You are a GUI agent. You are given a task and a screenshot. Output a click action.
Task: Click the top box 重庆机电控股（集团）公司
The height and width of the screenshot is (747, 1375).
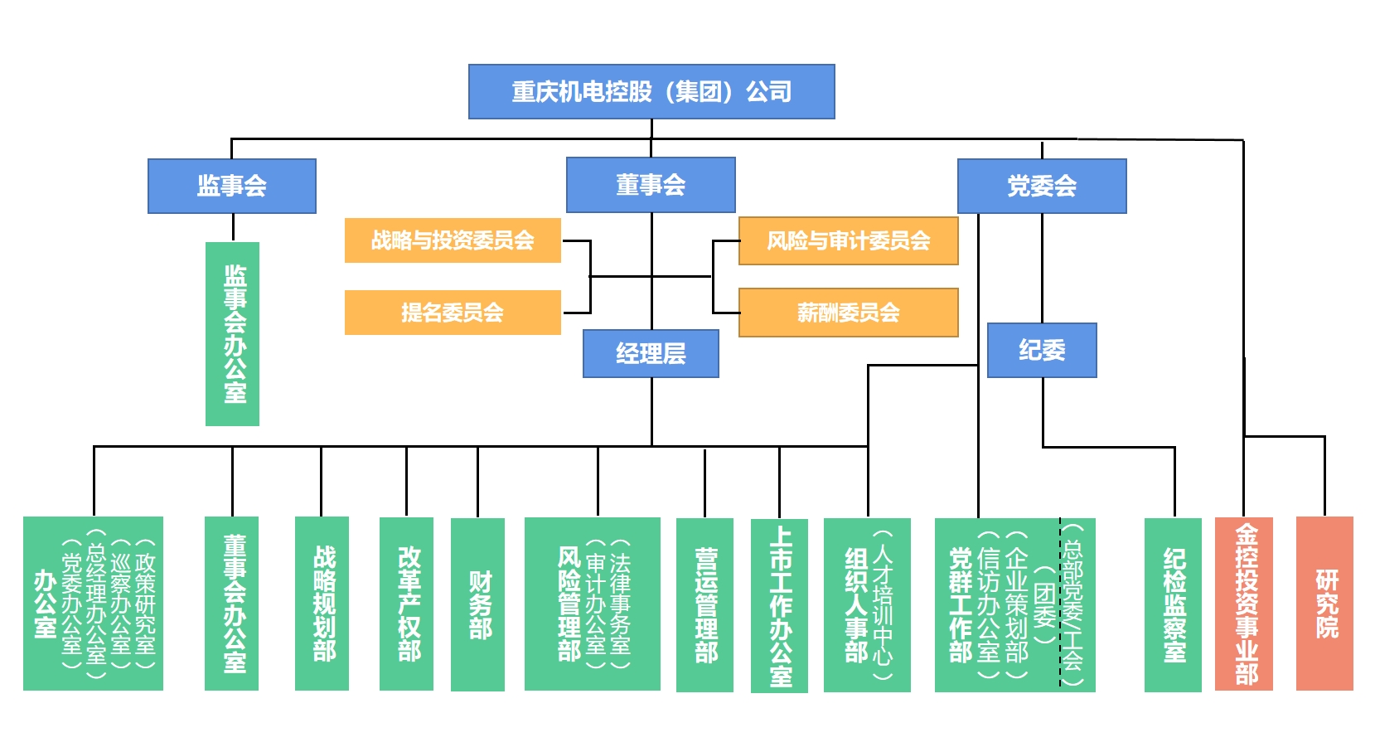tap(651, 91)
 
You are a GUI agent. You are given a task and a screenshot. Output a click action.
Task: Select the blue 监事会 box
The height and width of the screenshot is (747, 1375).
tap(232, 186)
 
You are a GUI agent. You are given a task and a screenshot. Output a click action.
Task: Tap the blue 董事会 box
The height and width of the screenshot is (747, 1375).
tap(651, 185)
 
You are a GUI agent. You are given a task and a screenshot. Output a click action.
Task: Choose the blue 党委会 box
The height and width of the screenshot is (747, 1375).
tap(1042, 186)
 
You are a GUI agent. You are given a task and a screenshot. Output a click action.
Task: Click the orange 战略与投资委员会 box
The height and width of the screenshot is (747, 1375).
tap(453, 240)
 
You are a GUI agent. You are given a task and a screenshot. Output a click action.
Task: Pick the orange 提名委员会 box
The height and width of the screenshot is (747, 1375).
tap(453, 313)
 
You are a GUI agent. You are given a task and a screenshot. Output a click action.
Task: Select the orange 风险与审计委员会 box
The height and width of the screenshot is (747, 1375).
tap(848, 241)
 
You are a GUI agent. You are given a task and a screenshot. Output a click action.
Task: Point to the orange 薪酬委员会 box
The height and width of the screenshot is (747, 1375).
tap(848, 313)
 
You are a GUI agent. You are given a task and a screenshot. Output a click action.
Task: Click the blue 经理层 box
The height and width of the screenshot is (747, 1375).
tap(651, 354)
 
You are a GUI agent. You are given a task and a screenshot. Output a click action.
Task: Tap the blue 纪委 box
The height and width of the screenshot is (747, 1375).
tap(1042, 350)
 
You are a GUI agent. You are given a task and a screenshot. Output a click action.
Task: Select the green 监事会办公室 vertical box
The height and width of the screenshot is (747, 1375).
tap(233, 334)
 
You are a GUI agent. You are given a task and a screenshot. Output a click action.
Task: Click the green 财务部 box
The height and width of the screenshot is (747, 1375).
tap(478, 604)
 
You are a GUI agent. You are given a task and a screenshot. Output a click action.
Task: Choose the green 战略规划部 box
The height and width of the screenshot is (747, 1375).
tap(322, 604)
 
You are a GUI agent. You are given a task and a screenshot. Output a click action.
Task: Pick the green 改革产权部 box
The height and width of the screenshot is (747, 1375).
tap(407, 604)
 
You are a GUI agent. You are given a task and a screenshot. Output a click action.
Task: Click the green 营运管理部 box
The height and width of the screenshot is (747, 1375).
tap(705, 605)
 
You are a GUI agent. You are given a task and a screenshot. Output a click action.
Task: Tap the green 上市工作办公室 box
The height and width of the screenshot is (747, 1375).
tap(779, 606)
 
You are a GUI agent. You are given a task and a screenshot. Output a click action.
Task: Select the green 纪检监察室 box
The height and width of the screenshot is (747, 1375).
tap(1173, 605)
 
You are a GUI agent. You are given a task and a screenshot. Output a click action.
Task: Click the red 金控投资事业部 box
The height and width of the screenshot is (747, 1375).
tap(1244, 604)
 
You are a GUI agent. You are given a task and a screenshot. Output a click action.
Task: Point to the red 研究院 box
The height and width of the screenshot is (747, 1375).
tap(1324, 604)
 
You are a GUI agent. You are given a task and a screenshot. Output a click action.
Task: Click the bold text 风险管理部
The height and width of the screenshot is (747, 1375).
tap(569, 604)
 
